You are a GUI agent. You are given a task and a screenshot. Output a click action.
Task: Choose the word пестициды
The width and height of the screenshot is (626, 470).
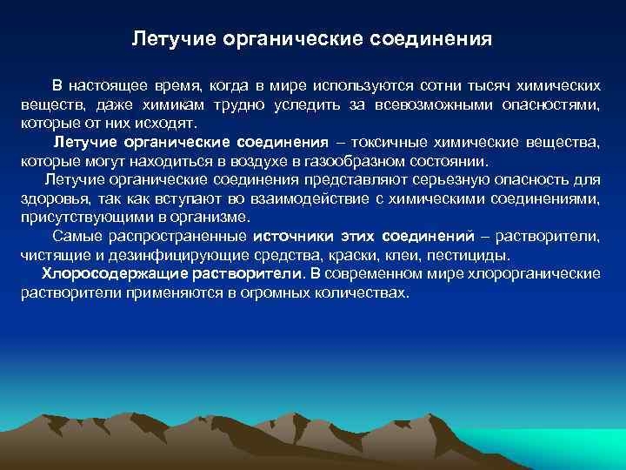(x=474, y=255)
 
